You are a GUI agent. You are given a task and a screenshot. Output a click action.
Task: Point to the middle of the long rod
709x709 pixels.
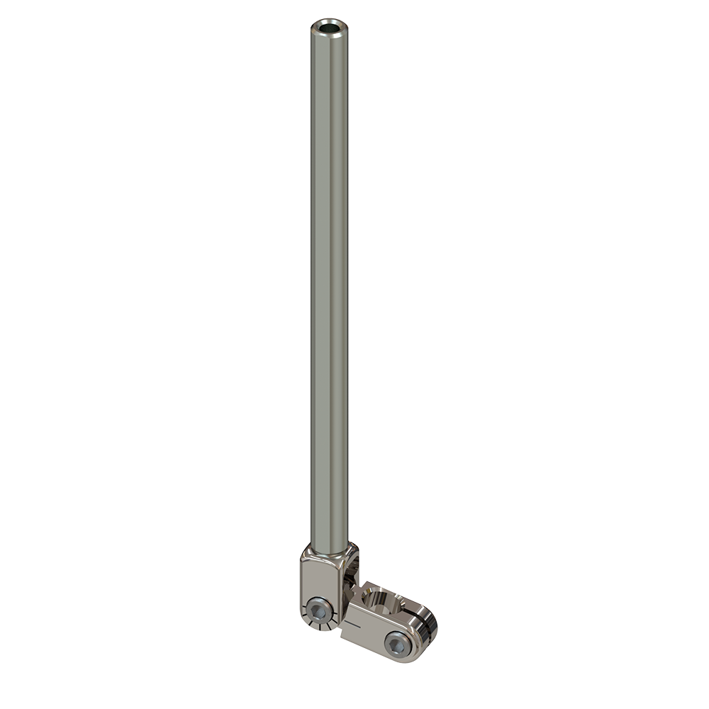329,284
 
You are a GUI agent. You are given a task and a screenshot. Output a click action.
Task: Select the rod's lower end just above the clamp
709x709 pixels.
329,532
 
